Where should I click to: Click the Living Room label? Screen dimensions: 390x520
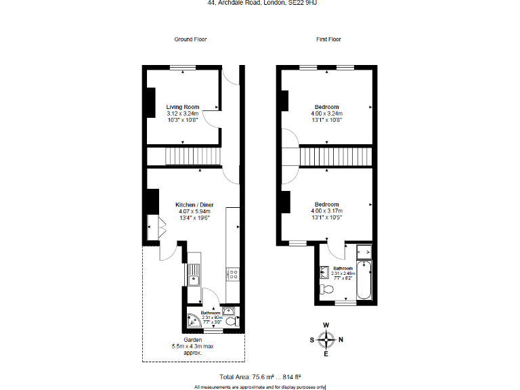pyautogui.click(x=183, y=107)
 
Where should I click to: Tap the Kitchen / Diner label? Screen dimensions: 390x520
pyautogui.click(x=192, y=205)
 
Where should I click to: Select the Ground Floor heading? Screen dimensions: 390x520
pyautogui.click(x=190, y=39)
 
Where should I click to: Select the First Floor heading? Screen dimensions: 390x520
pyautogui.click(x=328, y=39)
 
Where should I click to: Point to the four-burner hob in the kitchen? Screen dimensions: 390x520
pyautogui.click(x=233, y=274)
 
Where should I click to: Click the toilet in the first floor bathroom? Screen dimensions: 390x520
pyautogui.click(x=328, y=290)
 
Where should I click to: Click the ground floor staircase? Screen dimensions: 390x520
pyautogui.click(x=194, y=156)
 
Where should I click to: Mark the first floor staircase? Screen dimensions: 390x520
pyautogui.click(x=335, y=156)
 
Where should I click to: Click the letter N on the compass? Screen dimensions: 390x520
pyautogui.click(x=341, y=339)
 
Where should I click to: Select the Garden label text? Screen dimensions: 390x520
pyautogui.click(x=193, y=339)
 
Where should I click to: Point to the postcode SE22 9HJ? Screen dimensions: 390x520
pyautogui.click(x=301, y=3)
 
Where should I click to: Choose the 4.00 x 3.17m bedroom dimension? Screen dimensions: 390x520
pyautogui.click(x=327, y=211)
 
